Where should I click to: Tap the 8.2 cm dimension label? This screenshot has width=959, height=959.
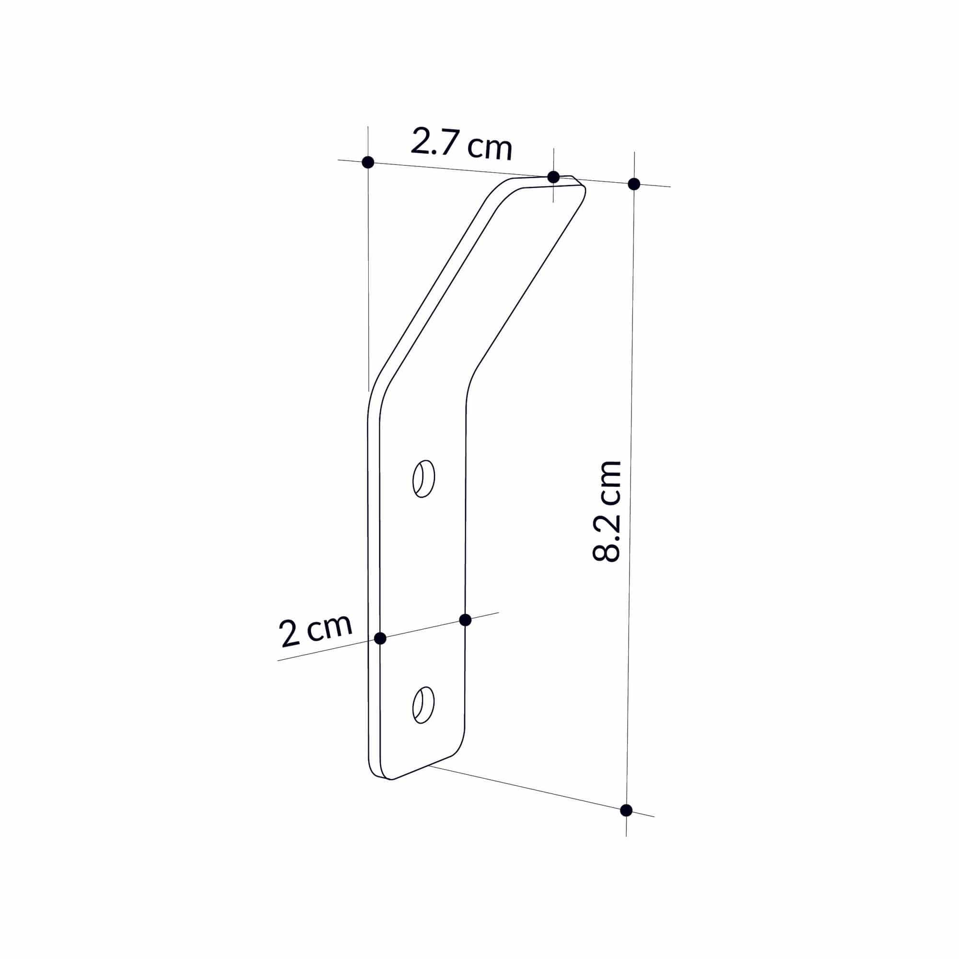[x=607, y=511]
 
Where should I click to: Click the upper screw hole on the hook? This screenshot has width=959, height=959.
[x=424, y=479]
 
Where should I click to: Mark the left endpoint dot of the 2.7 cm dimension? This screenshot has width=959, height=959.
[x=368, y=163]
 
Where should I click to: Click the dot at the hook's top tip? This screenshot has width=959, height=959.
[x=553, y=177]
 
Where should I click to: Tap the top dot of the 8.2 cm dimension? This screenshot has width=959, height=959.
[x=634, y=184]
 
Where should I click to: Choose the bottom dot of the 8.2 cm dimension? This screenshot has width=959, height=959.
[x=626, y=810]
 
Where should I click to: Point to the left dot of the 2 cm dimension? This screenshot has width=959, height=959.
[x=380, y=638]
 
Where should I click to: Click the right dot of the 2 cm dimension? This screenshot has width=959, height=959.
[x=465, y=620]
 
